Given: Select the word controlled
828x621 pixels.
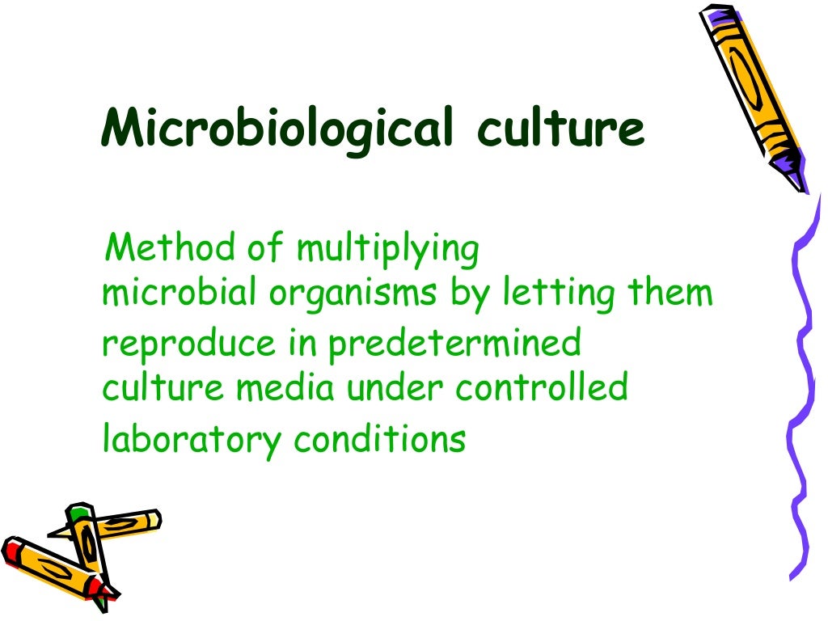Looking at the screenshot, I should pos(541,388).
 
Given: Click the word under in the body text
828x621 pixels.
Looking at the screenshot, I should pos(395,388).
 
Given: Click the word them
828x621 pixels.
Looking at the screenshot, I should pos(671,294).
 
